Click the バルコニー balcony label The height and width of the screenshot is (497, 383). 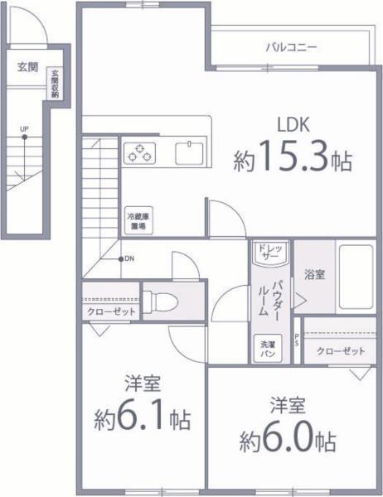291,47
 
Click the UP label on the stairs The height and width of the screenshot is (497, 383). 24,130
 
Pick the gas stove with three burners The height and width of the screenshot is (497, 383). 141,152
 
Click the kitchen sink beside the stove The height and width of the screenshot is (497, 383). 190,152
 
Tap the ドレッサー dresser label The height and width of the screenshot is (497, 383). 269,252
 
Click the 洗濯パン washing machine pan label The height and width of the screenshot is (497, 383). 267,349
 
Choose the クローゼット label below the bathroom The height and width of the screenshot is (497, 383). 341,351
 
